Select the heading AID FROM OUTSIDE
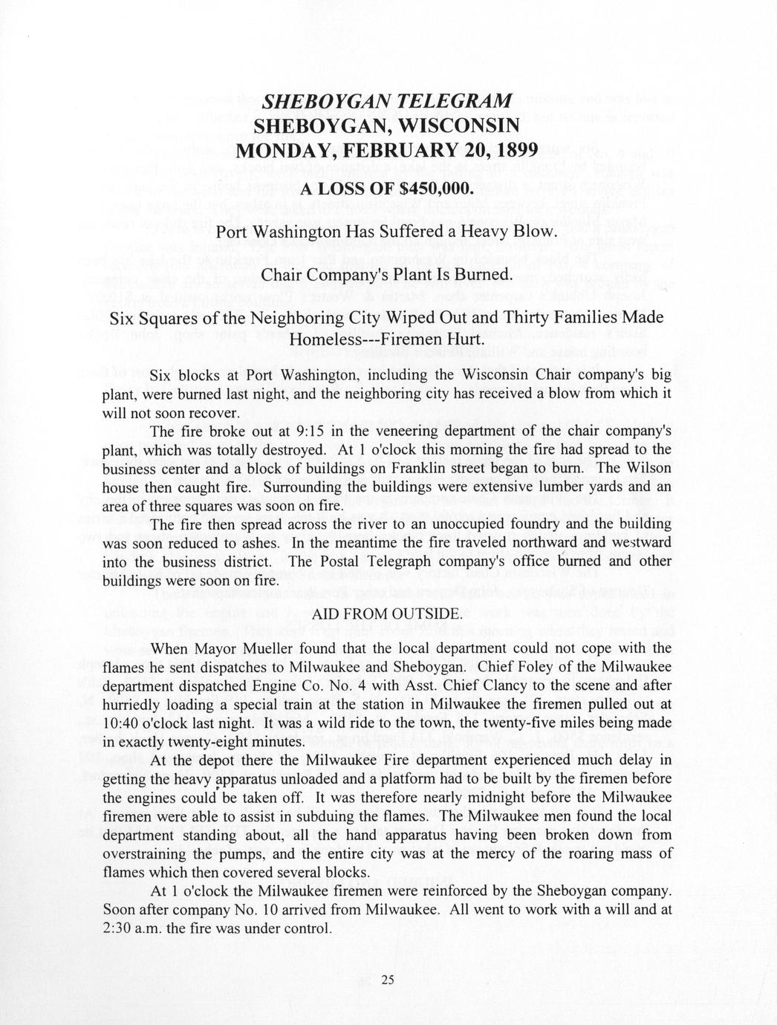387,614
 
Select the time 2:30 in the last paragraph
117,929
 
